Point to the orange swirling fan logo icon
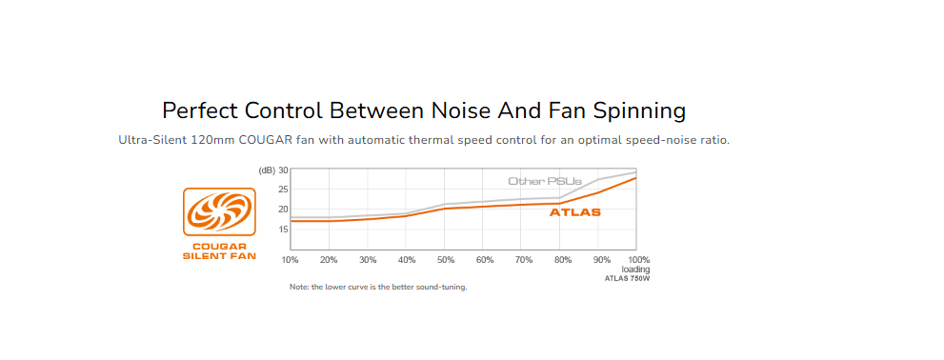(219, 211)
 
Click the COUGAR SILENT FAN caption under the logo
(219, 251)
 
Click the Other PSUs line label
(545, 181)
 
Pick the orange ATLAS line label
(575, 212)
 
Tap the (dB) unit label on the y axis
(267, 170)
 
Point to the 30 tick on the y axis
(284, 170)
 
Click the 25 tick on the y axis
(284, 189)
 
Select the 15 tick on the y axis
(284, 229)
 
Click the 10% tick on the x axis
(290, 259)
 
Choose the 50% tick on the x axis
(445, 259)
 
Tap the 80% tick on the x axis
(562, 259)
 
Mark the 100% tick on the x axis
(638, 259)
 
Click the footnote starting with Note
(378, 288)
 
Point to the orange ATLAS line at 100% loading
(635, 178)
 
